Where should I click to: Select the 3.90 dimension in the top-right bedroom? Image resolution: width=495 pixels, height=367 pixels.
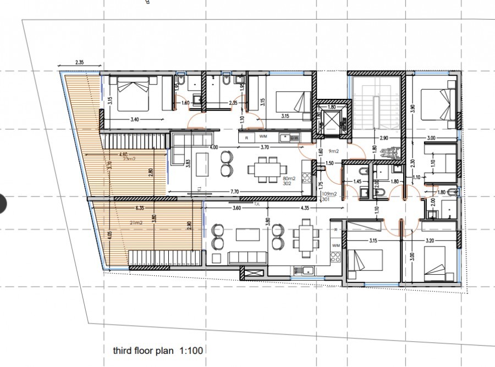click(414, 109)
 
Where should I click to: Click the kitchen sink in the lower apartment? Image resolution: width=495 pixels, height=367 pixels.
click(303, 270)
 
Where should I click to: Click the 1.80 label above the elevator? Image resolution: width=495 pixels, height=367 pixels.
click(331, 107)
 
